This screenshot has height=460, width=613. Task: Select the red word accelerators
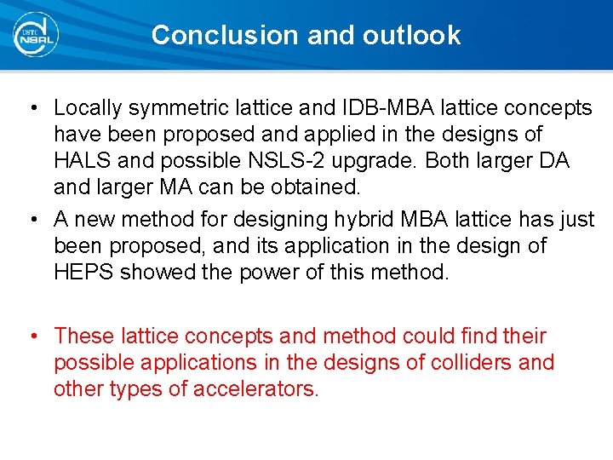[255, 389]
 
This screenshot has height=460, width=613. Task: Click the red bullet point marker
[31, 336]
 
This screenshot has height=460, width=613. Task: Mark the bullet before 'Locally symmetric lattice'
[31, 108]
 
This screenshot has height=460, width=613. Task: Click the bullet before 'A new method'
[31, 220]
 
